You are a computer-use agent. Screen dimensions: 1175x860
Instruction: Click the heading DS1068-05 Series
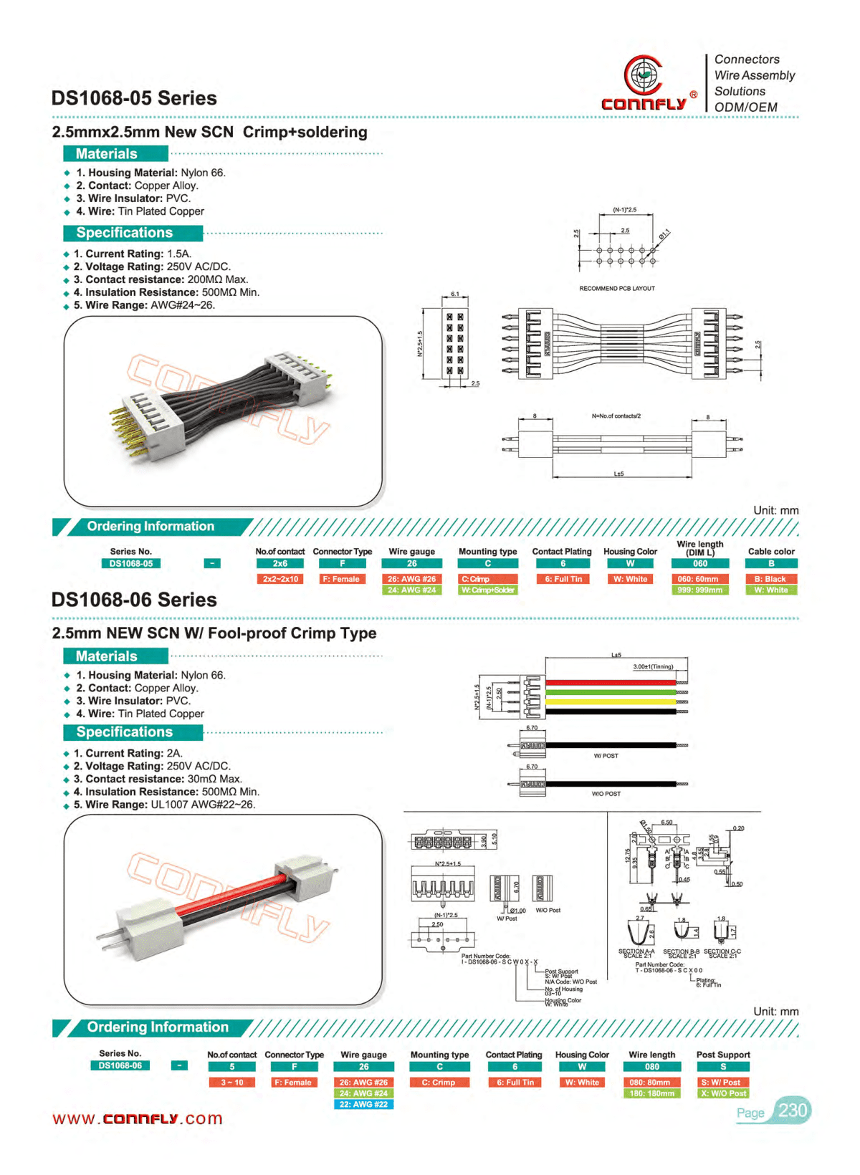click(134, 98)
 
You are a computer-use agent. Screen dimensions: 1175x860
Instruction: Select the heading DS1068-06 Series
click(134, 600)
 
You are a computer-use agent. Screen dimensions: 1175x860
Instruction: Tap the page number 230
click(792, 1111)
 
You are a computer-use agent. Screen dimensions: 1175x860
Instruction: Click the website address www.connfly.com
click(138, 1118)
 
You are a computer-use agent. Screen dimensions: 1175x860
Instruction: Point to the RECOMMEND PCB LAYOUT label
click(616, 289)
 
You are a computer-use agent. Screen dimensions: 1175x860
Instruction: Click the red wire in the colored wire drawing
click(610, 683)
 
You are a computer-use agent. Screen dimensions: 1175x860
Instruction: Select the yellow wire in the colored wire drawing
click(610, 702)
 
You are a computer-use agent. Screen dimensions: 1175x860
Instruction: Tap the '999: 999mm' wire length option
click(699, 590)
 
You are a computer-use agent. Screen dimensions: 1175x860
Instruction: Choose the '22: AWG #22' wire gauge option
click(363, 1104)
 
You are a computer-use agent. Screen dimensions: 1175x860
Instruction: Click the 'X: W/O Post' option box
click(723, 1093)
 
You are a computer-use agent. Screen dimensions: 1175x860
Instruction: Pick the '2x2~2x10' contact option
click(280, 579)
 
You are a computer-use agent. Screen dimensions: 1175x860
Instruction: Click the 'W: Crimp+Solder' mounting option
click(487, 590)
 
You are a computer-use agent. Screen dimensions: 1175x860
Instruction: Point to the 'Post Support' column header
click(723, 1055)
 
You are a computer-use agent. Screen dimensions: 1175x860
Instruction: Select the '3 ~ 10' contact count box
click(231, 1083)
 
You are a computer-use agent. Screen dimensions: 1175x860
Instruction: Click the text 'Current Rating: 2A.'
click(128, 753)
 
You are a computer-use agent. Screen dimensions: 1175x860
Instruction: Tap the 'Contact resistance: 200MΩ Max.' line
click(161, 279)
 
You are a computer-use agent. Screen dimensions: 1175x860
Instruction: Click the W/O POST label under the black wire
click(606, 794)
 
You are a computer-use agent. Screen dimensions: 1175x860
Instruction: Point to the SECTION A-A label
click(636, 951)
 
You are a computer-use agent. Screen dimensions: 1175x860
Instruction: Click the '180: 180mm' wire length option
click(651, 1093)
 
